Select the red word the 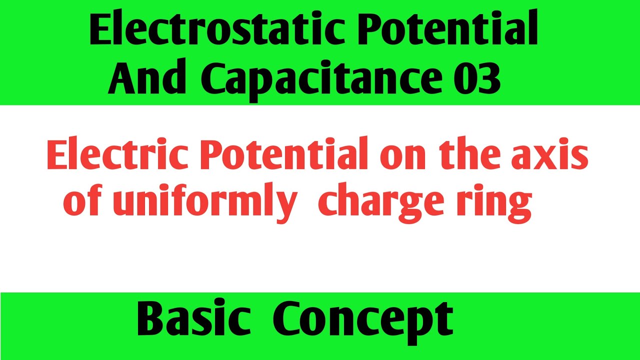coord(475,156)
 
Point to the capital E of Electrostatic coord(102,31)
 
